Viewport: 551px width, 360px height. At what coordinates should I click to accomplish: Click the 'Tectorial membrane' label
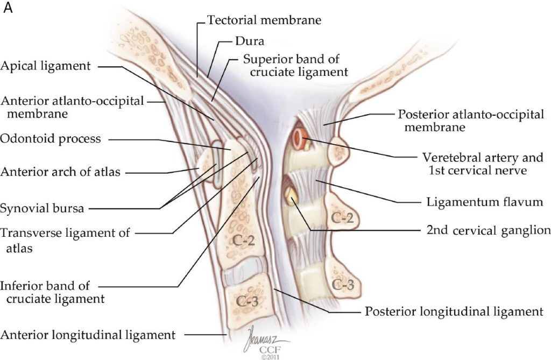click(x=264, y=20)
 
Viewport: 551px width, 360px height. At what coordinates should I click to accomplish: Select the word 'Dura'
click(x=250, y=41)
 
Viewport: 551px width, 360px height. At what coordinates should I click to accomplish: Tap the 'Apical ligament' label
click(x=45, y=66)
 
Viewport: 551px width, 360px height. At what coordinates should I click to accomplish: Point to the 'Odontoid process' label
click(x=51, y=139)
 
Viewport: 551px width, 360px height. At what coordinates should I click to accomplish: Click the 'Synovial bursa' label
click(x=42, y=208)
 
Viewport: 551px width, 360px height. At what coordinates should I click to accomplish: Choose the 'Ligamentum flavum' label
click(x=485, y=202)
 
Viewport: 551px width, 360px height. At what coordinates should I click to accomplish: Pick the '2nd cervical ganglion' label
click(x=489, y=230)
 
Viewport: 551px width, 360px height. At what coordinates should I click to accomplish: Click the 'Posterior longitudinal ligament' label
click(x=454, y=312)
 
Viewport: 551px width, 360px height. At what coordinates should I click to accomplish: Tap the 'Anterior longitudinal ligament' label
click(x=88, y=335)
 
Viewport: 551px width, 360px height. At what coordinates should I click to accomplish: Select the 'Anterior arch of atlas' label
click(x=60, y=172)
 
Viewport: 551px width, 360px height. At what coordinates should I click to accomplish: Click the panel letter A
click(x=8, y=8)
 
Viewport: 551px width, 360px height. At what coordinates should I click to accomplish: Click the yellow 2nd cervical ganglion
click(x=291, y=194)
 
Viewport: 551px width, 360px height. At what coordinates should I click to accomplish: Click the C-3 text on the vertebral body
click(x=248, y=301)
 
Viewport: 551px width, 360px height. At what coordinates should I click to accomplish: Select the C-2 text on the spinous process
click(x=342, y=218)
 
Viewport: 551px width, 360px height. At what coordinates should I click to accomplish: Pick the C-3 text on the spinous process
click(x=343, y=284)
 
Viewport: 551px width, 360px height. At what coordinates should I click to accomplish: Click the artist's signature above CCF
click(x=264, y=338)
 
